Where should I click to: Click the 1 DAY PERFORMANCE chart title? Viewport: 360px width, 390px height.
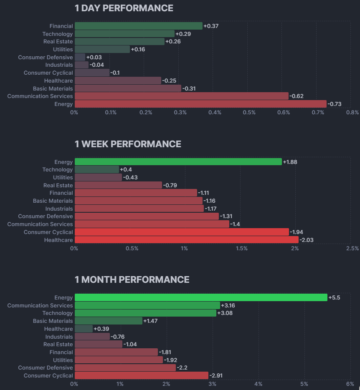(124, 8)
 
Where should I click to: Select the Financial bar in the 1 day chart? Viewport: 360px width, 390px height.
(138, 26)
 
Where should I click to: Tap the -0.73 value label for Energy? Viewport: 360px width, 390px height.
(335, 104)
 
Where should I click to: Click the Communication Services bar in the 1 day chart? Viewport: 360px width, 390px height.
(181, 96)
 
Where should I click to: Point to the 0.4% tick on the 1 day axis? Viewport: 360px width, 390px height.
(215, 112)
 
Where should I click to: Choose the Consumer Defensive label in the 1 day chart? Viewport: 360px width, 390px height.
(45, 57)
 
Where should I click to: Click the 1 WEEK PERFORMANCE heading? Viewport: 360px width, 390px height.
(128, 144)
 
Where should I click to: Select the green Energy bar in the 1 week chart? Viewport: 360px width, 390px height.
(178, 162)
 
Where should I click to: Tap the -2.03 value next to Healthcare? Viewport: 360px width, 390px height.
(307, 240)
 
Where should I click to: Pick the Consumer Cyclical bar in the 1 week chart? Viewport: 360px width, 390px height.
(182, 232)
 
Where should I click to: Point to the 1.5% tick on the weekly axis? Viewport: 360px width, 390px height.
(241, 248)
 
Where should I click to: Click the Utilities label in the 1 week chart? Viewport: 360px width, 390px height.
(63, 177)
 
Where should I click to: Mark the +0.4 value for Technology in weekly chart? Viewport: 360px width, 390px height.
(126, 170)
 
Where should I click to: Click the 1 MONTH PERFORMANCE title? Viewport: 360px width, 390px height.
(132, 279)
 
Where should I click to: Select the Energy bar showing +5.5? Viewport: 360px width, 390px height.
(200, 297)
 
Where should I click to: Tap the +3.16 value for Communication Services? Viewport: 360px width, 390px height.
(228, 305)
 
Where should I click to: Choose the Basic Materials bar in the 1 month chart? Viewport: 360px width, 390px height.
(108, 321)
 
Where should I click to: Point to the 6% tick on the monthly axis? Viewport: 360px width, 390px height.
(350, 384)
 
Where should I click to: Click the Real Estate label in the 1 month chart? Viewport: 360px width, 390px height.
(58, 344)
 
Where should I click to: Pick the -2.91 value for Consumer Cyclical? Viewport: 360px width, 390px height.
(217, 376)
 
